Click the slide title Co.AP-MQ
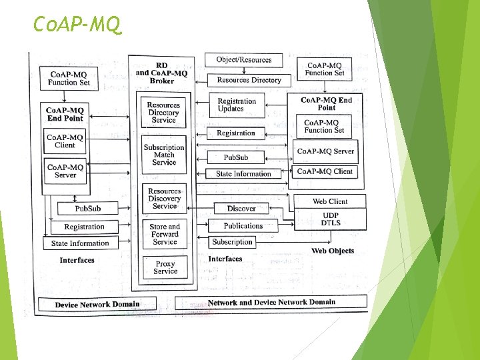tap(78, 25)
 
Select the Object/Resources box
tap(243, 60)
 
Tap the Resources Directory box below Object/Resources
tap(248, 80)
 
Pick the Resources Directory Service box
tap(163, 113)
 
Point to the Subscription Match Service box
tap(163, 155)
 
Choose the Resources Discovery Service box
tap(164, 199)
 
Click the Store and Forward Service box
tap(165, 234)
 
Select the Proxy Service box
tap(165, 267)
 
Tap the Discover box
tap(241, 209)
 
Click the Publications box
tap(243, 226)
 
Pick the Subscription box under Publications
tap(232, 242)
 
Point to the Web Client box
tap(330, 201)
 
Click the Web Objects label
tap(333, 251)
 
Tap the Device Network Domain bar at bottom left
tap(97, 305)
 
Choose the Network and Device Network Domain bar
tap(271, 303)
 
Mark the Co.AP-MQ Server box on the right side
tap(325, 151)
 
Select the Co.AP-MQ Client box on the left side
tap(65, 141)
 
